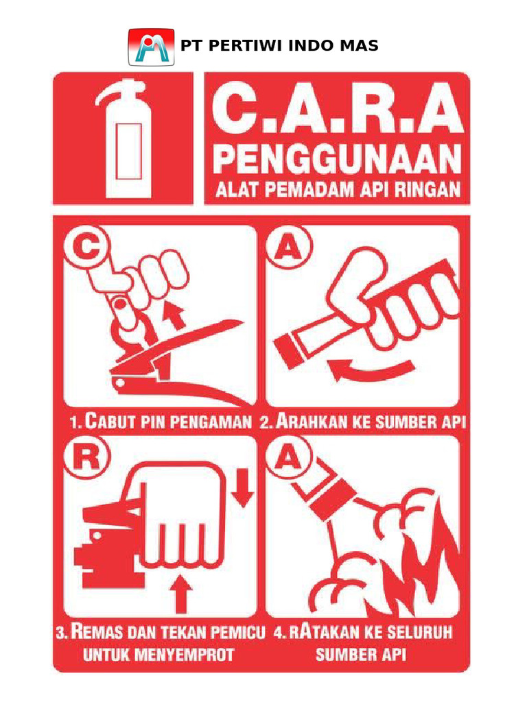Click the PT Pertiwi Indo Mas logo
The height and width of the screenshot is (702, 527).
(152, 47)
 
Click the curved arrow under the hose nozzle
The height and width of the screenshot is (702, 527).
(371, 370)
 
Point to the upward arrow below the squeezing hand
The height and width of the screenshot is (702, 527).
(180, 593)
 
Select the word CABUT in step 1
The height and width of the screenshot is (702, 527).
(113, 423)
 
